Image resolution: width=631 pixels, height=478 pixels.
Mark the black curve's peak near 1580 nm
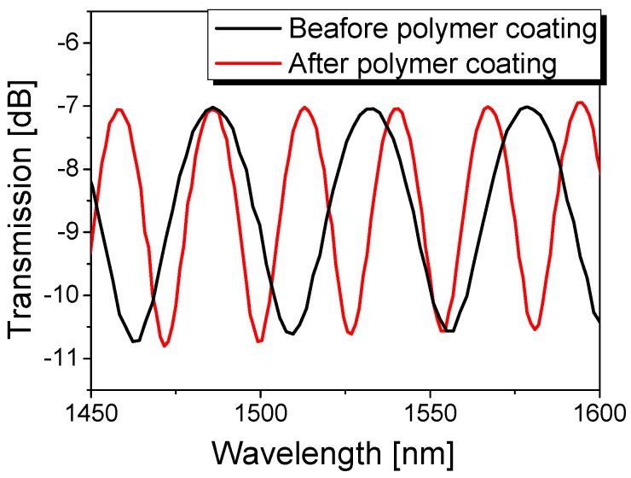click(529, 107)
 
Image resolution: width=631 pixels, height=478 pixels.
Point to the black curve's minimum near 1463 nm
click(135, 341)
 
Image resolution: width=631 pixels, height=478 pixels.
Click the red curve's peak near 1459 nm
click(119, 109)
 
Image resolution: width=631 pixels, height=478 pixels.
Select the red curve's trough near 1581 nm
click(535, 328)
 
